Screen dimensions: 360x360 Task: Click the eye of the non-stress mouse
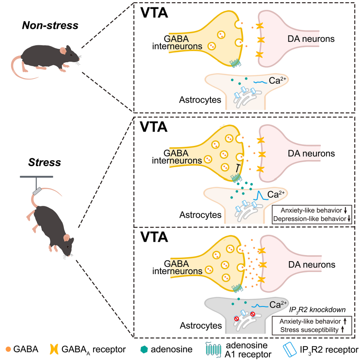72,52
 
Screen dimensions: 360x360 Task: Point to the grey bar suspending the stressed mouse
36,177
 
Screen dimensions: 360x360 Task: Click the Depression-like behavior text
311,219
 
